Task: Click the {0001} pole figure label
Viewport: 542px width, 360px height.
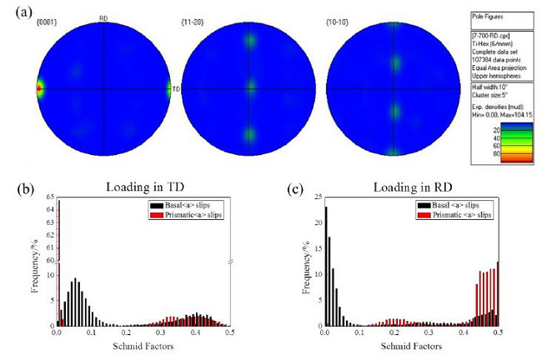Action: coord(47,17)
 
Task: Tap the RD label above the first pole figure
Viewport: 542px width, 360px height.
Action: coord(103,17)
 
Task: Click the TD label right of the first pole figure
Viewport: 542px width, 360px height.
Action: coord(178,87)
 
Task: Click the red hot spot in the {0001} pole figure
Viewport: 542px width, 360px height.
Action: coord(39,87)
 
